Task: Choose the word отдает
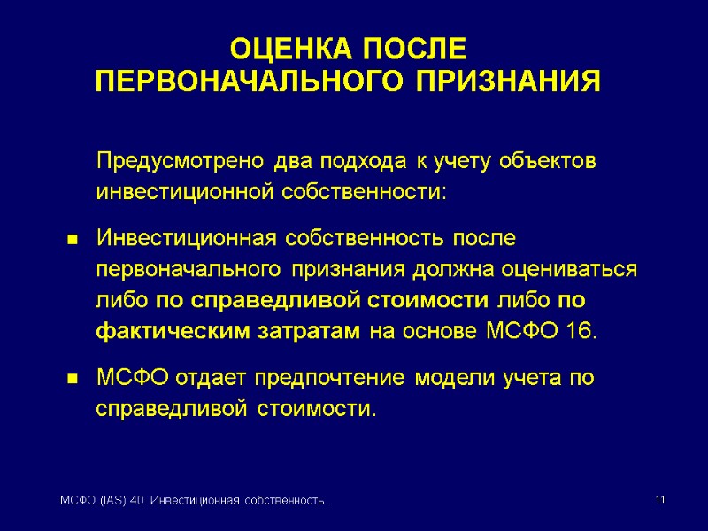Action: pyautogui.click(x=216, y=379)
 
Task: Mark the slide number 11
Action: pyautogui.click(x=659, y=501)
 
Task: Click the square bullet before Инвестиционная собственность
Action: pyautogui.click(x=74, y=241)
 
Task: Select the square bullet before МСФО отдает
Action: pyautogui.click(x=74, y=381)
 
